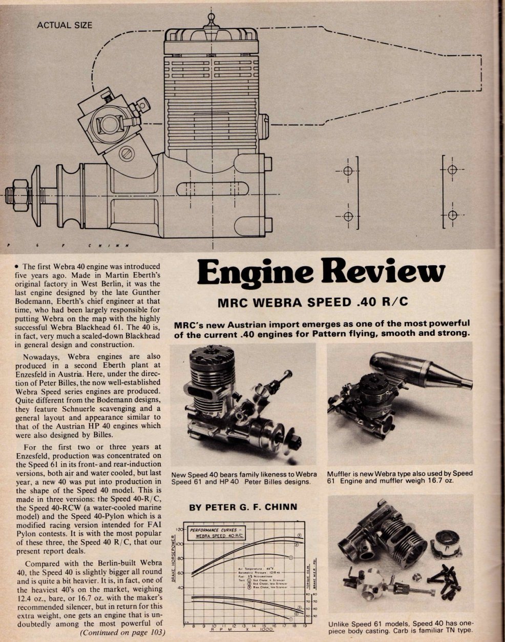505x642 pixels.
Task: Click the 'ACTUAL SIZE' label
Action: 65,25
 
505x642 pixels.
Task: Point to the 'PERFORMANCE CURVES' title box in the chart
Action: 215,534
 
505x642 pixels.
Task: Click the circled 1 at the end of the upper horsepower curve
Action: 290,557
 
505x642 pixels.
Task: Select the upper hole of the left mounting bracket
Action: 348,171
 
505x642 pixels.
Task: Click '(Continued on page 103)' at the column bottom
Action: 122,632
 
